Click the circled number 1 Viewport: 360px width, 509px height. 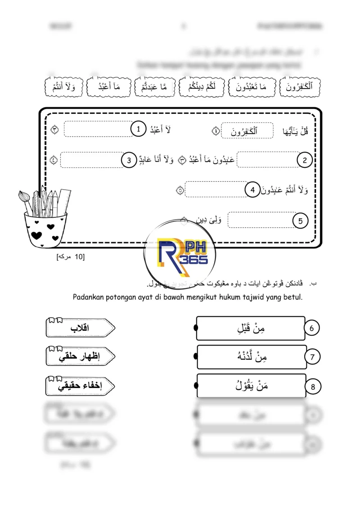click(x=139, y=130)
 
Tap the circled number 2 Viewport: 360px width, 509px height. click(x=305, y=160)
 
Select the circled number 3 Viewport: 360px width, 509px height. click(x=129, y=160)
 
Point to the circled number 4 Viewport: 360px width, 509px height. click(x=252, y=190)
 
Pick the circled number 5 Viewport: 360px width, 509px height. click(x=300, y=221)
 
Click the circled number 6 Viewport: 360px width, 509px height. click(x=312, y=328)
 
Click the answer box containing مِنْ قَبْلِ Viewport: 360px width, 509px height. click(x=251, y=329)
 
